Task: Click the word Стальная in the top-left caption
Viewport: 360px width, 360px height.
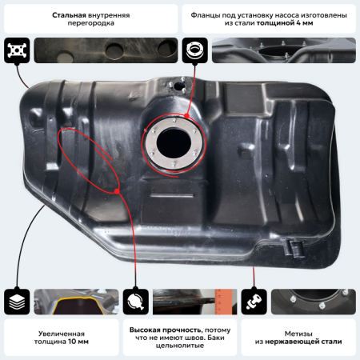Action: (x=69, y=15)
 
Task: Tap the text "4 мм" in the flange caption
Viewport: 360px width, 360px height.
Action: (x=305, y=23)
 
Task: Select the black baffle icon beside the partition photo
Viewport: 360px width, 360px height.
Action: (x=17, y=50)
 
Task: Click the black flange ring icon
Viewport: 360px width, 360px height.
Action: (x=194, y=50)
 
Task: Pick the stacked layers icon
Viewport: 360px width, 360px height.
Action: (x=17, y=302)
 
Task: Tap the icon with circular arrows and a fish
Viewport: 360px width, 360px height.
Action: (x=135, y=302)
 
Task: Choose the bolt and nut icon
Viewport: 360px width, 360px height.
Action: (x=254, y=302)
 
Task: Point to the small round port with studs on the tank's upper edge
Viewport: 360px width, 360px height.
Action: (x=178, y=86)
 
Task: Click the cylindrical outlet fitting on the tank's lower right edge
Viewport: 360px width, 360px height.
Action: (x=295, y=249)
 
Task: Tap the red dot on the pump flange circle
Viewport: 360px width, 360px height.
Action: (x=186, y=116)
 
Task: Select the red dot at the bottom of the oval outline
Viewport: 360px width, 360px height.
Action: (x=117, y=191)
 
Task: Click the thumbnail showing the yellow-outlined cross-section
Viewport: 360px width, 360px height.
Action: (x=76, y=302)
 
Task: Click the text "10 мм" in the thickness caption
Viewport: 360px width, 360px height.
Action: (x=78, y=342)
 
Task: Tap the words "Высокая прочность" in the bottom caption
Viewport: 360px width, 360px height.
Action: (x=166, y=330)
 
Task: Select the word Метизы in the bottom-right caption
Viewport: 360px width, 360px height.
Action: (x=298, y=334)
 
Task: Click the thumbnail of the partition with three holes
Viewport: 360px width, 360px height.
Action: (x=106, y=50)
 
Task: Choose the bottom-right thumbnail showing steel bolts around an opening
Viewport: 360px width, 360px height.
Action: (x=314, y=302)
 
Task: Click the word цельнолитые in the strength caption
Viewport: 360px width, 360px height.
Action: (x=180, y=346)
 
